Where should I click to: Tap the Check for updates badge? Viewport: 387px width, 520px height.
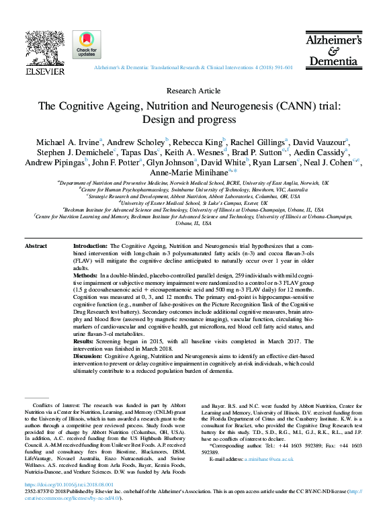coord(87,46)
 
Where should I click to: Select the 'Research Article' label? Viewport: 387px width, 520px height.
coord(193,91)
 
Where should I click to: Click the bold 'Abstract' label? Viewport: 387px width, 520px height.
coord(36,247)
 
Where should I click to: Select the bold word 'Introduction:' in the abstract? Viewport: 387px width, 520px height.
coord(90,247)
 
